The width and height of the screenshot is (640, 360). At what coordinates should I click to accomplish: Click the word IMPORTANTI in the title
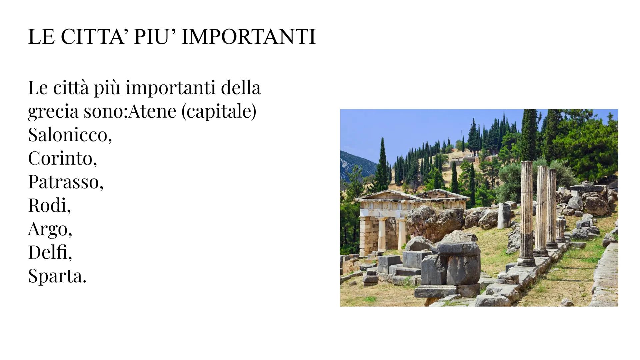(x=248, y=37)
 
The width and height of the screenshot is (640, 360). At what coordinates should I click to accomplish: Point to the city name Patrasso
(x=66, y=182)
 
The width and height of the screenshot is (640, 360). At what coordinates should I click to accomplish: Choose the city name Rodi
(x=49, y=205)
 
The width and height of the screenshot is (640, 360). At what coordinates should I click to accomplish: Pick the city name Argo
(x=50, y=229)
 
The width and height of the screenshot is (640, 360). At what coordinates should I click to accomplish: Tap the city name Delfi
(x=50, y=252)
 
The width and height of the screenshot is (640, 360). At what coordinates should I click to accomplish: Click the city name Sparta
(x=57, y=276)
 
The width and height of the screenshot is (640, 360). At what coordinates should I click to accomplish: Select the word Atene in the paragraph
(x=152, y=111)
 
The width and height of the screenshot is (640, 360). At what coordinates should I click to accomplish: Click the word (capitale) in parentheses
(x=219, y=111)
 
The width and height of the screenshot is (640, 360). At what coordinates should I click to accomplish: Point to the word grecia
(x=53, y=112)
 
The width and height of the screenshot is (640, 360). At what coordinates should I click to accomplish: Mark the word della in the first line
(x=241, y=88)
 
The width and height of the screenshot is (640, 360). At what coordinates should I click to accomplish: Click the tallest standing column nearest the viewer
(x=526, y=213)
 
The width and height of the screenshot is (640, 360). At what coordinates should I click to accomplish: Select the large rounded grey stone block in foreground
(x=459, y=263)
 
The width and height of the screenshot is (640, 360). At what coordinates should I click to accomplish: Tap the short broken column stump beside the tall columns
(x=560, y=230)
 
